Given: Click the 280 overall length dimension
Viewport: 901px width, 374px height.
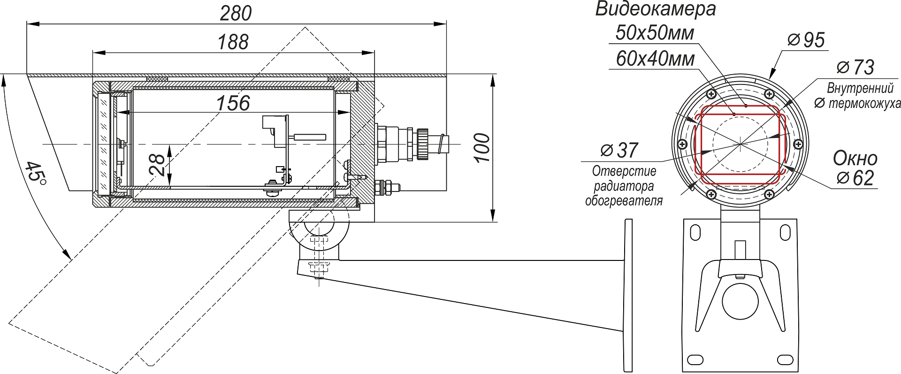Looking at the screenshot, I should click(236, 13).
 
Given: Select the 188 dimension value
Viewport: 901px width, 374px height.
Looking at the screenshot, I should click(233, 42).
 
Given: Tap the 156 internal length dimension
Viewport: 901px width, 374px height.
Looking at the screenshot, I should click(233, 103).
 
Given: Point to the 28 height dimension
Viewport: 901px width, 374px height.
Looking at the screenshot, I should click(158, 165).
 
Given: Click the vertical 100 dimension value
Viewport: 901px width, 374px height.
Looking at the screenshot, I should click(482, 148).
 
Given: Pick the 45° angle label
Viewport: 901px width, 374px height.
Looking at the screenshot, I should click(35, 178).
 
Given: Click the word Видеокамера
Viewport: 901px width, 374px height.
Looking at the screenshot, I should click(656, 9).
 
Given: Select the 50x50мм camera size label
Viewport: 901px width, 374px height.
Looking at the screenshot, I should click(655, 33).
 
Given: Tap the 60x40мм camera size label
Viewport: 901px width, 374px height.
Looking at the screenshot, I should click(655, 59).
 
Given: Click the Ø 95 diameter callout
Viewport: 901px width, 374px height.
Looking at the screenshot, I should click(806, 40).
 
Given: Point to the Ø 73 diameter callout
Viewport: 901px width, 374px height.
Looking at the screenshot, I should click(855, 68).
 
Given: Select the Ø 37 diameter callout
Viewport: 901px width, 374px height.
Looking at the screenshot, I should click(619, 151).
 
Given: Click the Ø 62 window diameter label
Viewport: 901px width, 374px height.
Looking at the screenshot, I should click(855, 178).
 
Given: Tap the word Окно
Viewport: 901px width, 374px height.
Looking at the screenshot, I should click(855, 159).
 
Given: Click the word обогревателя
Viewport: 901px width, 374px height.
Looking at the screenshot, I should click(624, 201).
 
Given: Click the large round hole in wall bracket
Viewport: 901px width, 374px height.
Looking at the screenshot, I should click(740, 301).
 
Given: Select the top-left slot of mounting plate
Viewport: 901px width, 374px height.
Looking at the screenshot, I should click(695, 232).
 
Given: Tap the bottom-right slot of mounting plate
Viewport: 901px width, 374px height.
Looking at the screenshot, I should click(785, 360).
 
